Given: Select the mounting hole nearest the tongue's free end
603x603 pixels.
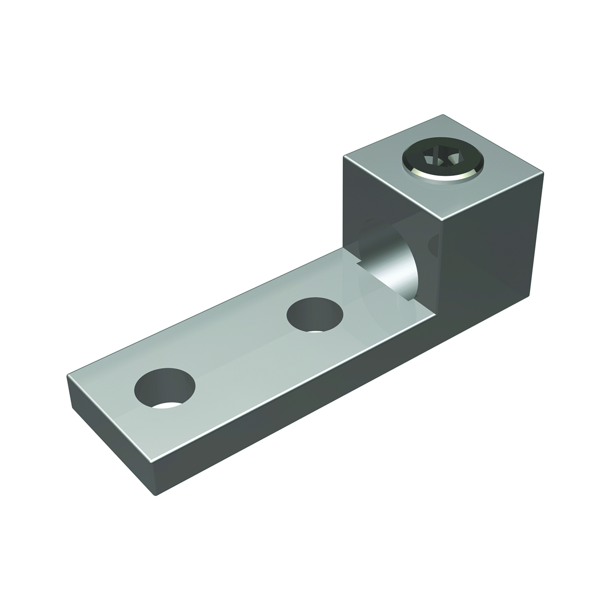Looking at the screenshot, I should [x=164, y=388].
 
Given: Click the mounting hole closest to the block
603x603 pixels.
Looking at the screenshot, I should [x=315, y=316].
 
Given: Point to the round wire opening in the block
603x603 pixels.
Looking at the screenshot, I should [x=389, y=261].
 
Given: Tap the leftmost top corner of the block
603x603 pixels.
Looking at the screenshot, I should [x=344, y=157].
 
